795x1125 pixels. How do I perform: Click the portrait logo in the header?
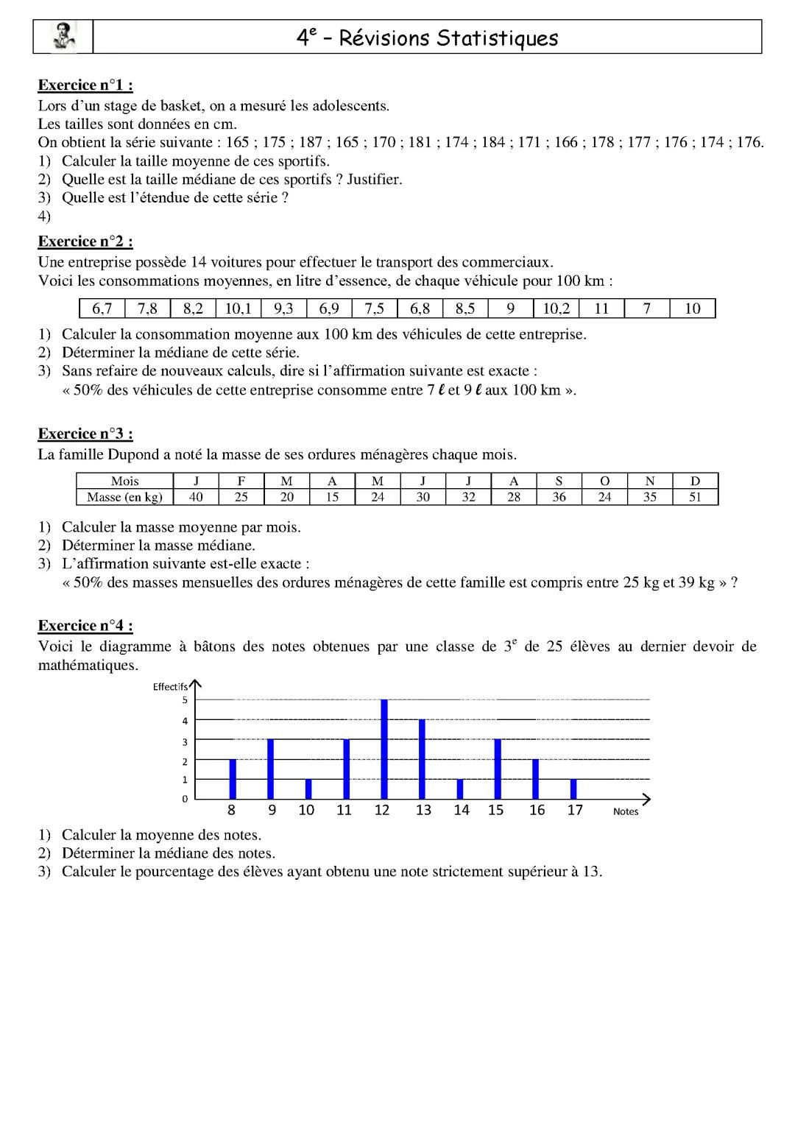click(x=63, y=37)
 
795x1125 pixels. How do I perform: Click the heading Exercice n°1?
click(x=85, y=85)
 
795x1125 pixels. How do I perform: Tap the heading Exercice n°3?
click(x=85, y=434)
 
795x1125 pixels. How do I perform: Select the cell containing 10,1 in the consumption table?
click(x=238, y=308)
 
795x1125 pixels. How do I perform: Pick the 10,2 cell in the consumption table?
click(x=556, y=308)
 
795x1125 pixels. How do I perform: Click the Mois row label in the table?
click(x=124, y=482)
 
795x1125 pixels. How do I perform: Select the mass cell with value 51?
click(x=695, y=497)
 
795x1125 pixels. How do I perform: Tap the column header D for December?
click(x=695, y=482)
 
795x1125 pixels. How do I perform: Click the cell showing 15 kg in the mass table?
click(x=332, y=497)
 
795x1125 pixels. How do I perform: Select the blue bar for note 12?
click(x=384, y=750)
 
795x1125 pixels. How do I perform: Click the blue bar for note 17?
click(x=573, y=789)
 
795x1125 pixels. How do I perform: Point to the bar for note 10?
click(x=308, y=789)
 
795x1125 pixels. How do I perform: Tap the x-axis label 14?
click(x=461, y=811)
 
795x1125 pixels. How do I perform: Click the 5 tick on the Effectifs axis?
click(x=185, y=700)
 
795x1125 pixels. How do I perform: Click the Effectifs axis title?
click(x=170, y=687)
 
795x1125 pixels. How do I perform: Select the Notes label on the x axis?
click(x=626, y=812)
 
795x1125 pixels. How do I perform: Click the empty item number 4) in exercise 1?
click(x=44, y=216)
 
